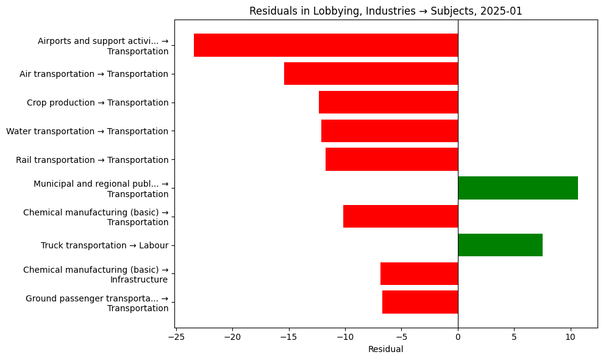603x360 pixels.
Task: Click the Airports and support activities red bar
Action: click(x=326, y=45)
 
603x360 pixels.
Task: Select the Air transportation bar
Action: click(x=371, y=74)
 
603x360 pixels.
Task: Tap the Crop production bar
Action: click(x=388, y=103)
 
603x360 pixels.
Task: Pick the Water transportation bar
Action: click(x=389, y=131)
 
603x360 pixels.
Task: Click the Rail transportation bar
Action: click(x=391, y=159)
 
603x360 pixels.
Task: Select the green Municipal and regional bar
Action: click(x=518, y=188)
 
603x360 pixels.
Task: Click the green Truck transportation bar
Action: click(x=500, y=245)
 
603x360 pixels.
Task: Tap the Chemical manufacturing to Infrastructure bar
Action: click(x=419, y=274)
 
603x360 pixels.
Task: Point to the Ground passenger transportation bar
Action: click(x=419, y=302)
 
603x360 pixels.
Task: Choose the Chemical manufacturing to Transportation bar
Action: click(x=400, y=217)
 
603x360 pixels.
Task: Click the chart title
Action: click(x=385, y=11)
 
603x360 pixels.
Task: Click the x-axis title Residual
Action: click(x=385, y=350)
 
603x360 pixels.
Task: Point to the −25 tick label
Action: click(x=176, y=336)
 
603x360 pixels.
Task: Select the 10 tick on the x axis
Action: click(x=571, y=336)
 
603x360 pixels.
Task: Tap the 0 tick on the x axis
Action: click(x=458, y=336)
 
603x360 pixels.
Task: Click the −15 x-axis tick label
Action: click(x=289, y=336)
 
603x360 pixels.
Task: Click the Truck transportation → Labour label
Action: click(x=104, y=245)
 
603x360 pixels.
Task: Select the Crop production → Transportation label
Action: click(x=98, y=103)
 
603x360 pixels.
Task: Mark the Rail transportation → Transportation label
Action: click(x=92, y=160)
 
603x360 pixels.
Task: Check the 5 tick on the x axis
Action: click(x=514, y=336)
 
